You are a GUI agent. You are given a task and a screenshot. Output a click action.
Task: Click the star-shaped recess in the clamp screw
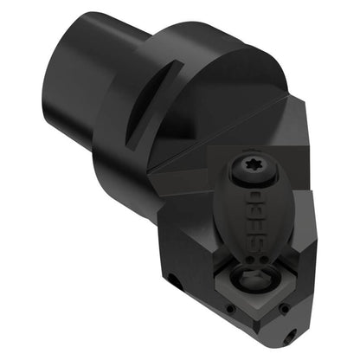pyautogui.click(x=252, y=168)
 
